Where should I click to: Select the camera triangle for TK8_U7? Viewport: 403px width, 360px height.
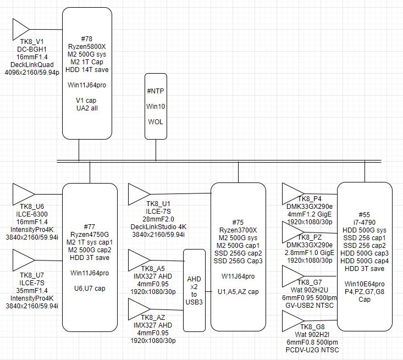click(x=23, y=260)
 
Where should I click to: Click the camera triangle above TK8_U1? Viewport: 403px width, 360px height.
click(x=139, y=194)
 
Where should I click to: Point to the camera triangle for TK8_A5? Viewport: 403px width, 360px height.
click(x=139, y=259)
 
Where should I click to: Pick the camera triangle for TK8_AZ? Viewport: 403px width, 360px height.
click(x=139, y=308)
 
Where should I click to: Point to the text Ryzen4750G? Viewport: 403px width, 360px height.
click(x=89, y=234)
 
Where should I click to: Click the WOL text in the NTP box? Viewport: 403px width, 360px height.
click(x=156, y=121)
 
